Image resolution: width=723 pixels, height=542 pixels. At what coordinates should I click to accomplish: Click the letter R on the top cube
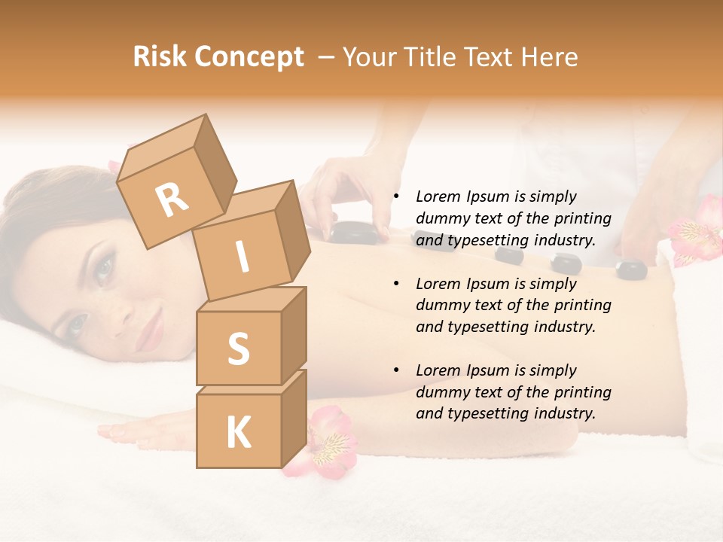[x=172, y=199]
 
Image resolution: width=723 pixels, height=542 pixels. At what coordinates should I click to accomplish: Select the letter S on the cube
[x=238, y=349]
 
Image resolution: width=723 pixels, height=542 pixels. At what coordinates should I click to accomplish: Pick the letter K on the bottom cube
[x=238, y=433]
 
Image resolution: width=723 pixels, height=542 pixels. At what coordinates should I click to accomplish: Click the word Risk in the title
[x=159, y=57]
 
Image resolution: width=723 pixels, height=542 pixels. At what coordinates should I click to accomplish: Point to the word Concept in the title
[x=249, y=57]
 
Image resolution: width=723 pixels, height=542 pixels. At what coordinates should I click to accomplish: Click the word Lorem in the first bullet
[x=438, y=196]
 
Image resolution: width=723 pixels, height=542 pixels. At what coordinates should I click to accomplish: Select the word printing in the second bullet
[x=581, y=306]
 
